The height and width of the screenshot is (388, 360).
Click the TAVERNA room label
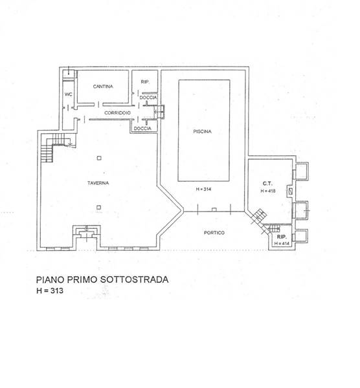pyautogui.click(x=98, y=183)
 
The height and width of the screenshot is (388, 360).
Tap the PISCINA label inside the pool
pyautogui.click(x=203, y=132)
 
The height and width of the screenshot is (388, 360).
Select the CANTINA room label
pyautogui.click(x=103, y=87)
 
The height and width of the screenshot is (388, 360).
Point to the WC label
pyautogui.click(x=69, y=94)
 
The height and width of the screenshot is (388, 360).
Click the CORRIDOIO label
pyautogui.click(x=117, y=113)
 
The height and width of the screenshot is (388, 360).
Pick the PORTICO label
pyautogui.click(x=214, y=233)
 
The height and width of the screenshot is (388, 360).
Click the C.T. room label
pyautogui.click(x=267, y=184)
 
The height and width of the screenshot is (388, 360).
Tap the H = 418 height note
pyautogui.click(x=268, y=191)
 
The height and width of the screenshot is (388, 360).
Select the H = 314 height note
pyautogui.click(x=203, y=189)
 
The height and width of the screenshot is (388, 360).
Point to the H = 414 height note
pyautogui.click(x=282, y=244)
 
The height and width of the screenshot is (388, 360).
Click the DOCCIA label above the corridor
pyautogui.click(x=148, y=98)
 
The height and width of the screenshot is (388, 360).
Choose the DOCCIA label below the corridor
pyautogui.click(x=142, y=129)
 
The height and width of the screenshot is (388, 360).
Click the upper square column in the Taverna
pyautogui.click(x=99, y=158)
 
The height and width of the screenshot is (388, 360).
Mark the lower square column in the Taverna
pyautogui.click(x=99, y=208)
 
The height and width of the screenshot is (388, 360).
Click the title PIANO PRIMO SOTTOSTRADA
pyautogui.click(x=102, y=279)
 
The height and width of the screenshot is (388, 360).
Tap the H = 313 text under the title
pyautogui.click(x=50, y=290)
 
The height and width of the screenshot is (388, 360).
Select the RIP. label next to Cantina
pyautogui.click(x=145, y=82)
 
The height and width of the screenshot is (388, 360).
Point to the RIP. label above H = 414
pyautogui.click(x=282, y=237)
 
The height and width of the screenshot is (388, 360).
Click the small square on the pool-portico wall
pyautogui.click(x=214, y=210)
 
